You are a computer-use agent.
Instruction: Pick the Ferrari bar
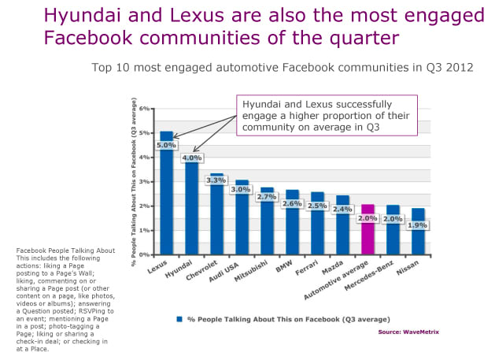tap(317, 228)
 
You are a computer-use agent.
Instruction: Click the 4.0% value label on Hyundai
tap(191, 158)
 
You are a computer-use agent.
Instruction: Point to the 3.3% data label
tap(216, 180)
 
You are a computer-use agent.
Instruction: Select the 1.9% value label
tap(416, 225)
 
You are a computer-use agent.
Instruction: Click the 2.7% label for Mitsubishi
tap(267, 197)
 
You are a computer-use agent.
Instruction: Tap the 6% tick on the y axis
tap(145, 108)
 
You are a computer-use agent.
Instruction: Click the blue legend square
tap(179, 319)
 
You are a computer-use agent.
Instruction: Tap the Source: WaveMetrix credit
tap(408, 332)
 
